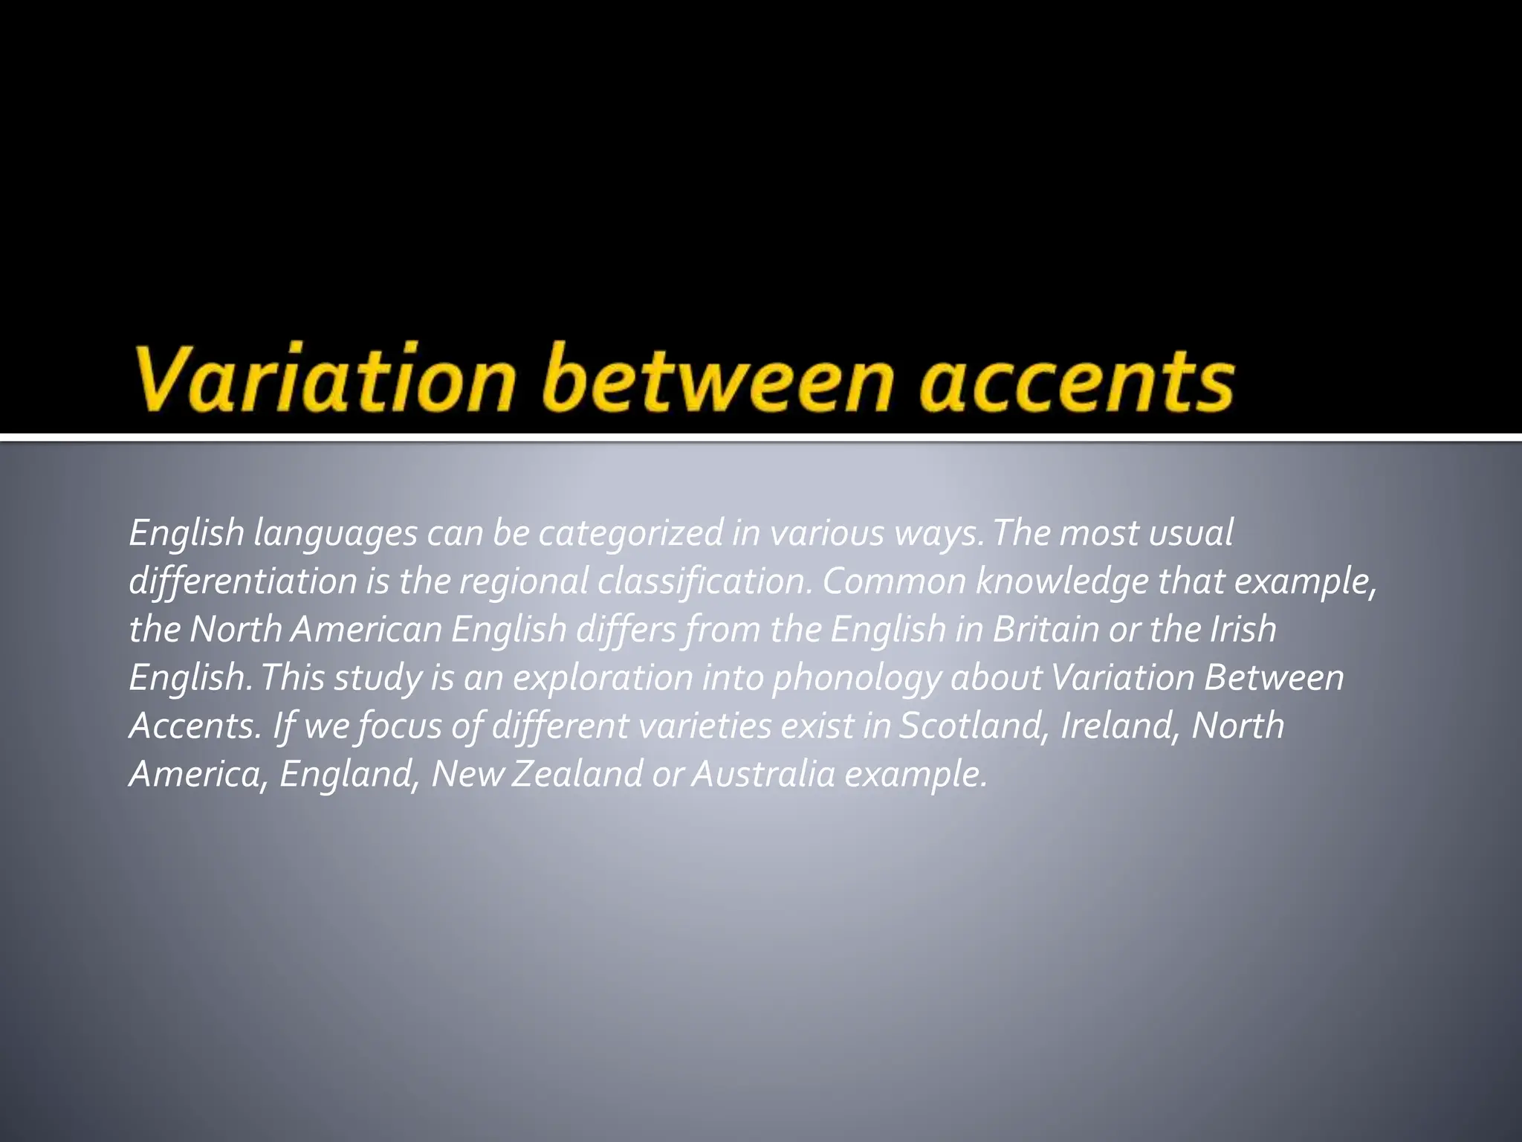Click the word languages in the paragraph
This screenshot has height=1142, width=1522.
335,534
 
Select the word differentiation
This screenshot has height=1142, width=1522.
243,581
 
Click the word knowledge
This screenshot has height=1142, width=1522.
1062,581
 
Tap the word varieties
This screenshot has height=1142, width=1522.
705,726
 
